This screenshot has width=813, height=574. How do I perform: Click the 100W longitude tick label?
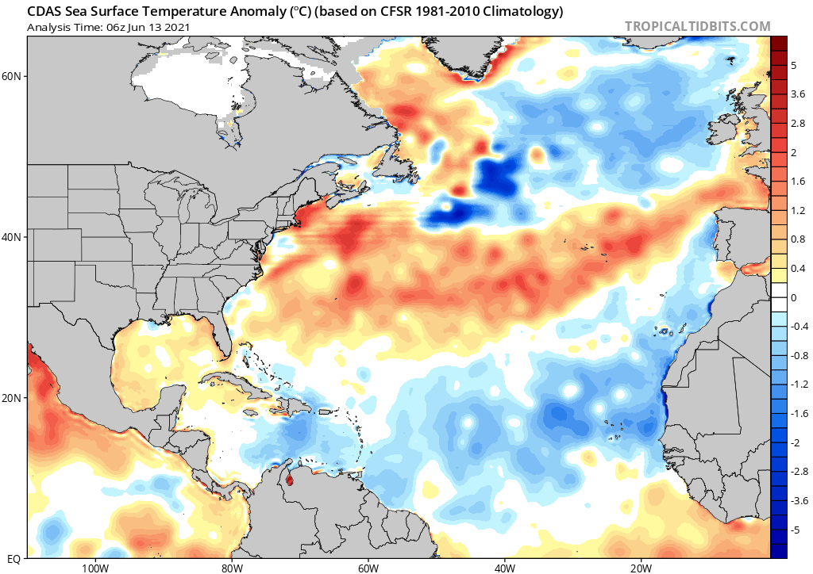click(x=94, y=567)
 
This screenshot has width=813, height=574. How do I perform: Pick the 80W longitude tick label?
click(x=231, y=567)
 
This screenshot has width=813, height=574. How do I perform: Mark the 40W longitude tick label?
click(x=505, y=567)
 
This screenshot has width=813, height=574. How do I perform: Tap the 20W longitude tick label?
click(x=642, y=567)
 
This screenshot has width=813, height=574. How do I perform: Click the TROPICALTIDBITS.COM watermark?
click(x=697, y=26)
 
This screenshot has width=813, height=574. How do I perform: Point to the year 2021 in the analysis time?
click(x=175, y=28)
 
